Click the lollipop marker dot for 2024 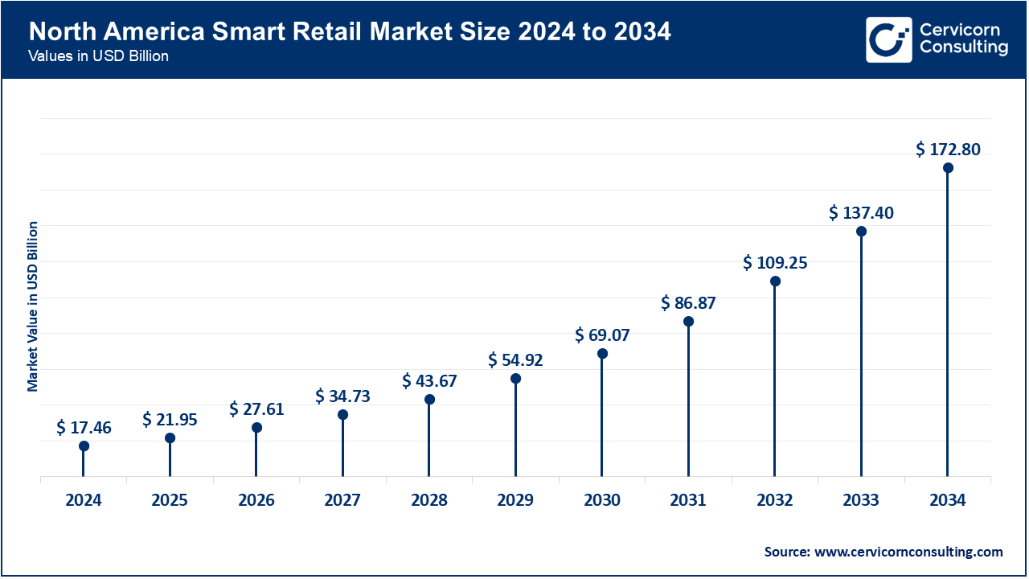click(x=84, y=446)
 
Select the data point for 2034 click(x=948, y=168)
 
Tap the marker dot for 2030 click(x=602, y=353)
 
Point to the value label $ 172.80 click(x=948, y=149)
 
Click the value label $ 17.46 click(x=84, y=428)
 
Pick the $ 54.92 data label click(x=515, y=359)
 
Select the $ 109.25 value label click(x=775, y=262)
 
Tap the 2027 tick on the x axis click(x=342, y=500)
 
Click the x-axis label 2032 click(x=775, y=500)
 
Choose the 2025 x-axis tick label click(x=170, y=500)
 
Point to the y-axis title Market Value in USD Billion click(x=33, y=306)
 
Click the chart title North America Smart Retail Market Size click(x=350, y=33)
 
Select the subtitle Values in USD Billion click(x=97, y=57)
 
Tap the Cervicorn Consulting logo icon click(x=889, y=39)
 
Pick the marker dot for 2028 click(x=429, y=400)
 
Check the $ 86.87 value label click(x=688, y=303)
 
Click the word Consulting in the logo click(x=963, y=48)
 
